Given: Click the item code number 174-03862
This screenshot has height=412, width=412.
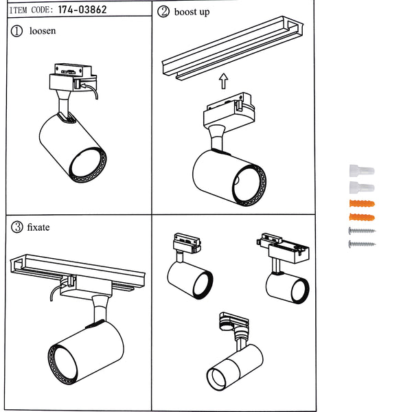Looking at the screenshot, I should [x=82, y=10].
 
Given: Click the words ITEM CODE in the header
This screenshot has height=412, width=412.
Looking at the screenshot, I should [x=29, y=10].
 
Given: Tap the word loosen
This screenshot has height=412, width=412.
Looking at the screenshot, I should [x=43, y=31].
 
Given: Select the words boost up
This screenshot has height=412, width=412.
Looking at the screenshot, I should [x=192, y=12].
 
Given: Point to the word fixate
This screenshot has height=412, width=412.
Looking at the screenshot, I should [x=38, y=227].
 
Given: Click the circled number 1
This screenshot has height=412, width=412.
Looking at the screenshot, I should [x=17, y=31].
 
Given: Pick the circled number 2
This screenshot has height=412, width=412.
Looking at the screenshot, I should [x=163, y=12].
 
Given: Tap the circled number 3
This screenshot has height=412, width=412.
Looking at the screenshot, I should [x=17, y=227].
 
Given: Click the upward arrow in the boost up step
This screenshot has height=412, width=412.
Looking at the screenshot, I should [x=222, y=82].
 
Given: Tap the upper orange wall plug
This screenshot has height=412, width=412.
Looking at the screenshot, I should [x=361, y=204].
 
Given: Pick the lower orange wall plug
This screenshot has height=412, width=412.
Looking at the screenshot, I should [x=361, y=218].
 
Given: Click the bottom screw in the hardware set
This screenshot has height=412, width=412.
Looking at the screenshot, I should [x=362, y=244].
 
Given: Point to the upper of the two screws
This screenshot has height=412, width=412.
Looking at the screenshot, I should [x=361, y=231].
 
